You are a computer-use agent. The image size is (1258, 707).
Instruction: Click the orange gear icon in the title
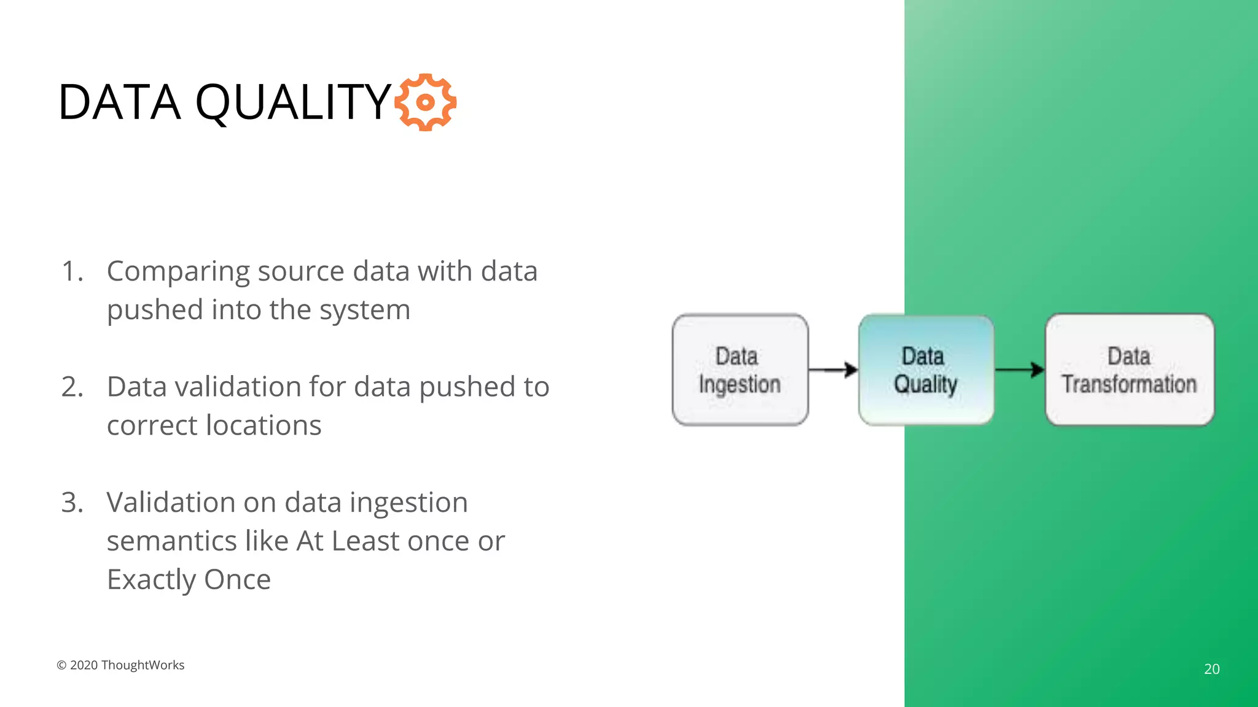pyautogui.click(x=425, y=102)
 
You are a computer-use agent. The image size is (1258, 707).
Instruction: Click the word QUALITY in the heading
pyautogui.click(x=294, y=102)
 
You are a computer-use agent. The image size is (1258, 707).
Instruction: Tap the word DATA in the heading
pyautogui.click(x=119, y=102)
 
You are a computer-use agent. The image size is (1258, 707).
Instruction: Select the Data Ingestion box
pyautogui.click(x=740, y=370)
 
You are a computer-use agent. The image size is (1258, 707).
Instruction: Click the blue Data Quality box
pyautogui.click(x=926, y=370)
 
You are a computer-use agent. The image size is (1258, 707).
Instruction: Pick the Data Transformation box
pyautogui.click(x=1129, y=370)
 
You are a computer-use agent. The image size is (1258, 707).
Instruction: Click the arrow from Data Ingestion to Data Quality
pyautogui.click(x=833, y=369)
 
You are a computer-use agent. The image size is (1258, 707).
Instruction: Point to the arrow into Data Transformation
pyautogui.click(x=1020, y=369)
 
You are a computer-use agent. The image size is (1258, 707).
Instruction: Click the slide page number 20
pyautogui.click(x=1211, y=669)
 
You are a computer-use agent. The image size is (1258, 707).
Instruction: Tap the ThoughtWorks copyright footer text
pyautogui.click(x=120, y=665)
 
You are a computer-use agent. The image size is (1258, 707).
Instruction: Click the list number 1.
pyautogui.click(x=72, y=271)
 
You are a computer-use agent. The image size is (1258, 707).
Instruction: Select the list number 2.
pyautogui.click(x=72, y=387)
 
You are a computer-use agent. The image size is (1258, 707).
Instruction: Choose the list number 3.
pyautogui.click(x=72, y=503)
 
